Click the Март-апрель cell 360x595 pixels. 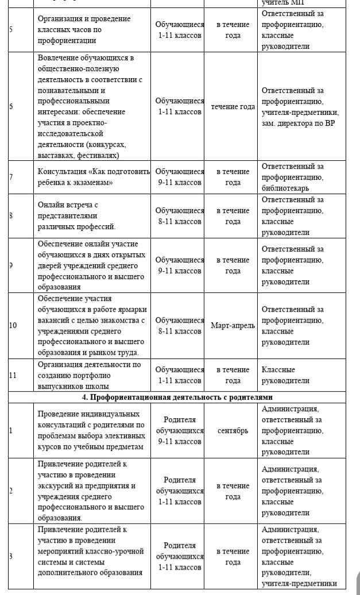[x=233, y=326]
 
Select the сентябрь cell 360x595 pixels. [x=233, y=431]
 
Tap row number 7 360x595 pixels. [x=11, y=177]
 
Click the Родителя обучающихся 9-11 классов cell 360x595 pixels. [x=180, y=431]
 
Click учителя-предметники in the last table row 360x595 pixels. [x=299, y=584]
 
